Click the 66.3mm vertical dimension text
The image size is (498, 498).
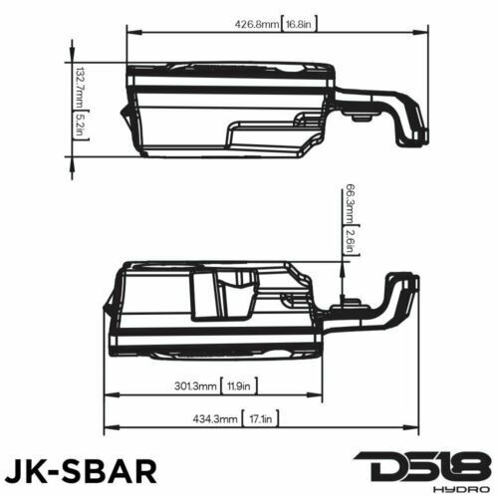pyautogui.click(x=350, y=204)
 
